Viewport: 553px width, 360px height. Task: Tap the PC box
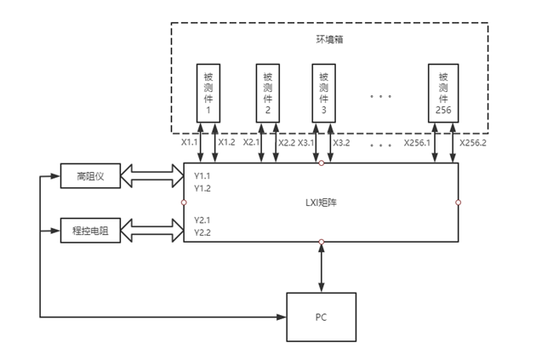coord(321,317)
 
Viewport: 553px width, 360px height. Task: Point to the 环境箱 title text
coord(321,39)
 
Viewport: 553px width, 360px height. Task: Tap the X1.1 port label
coord(190,143)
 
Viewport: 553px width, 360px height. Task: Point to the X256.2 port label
coord(474,143)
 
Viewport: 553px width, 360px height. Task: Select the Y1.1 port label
coord(202,176)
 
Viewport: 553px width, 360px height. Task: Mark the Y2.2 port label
coord(202,232)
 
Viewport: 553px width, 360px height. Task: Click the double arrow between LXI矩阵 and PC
coord(321,268)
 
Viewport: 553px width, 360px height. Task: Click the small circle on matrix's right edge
coord(459,203)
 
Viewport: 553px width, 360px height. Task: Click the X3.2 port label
coord(341,143)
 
